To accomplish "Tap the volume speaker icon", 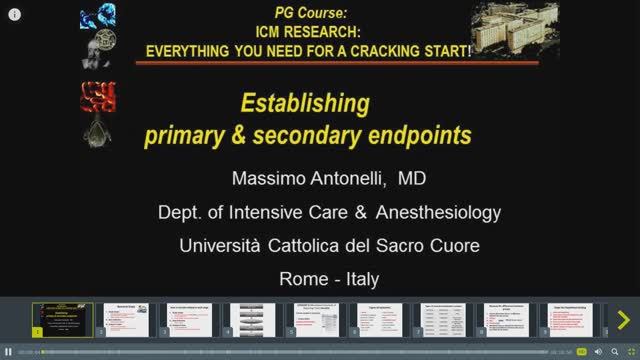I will tap(598, 352).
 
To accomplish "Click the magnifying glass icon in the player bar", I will tap(614, 352).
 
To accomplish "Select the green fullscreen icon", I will tap(631, 352).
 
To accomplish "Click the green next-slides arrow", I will tap(623, 320).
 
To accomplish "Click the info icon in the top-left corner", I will tap(15, 15).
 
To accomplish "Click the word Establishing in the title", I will tap(304, 103).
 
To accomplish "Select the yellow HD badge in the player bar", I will tap(581, 352).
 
